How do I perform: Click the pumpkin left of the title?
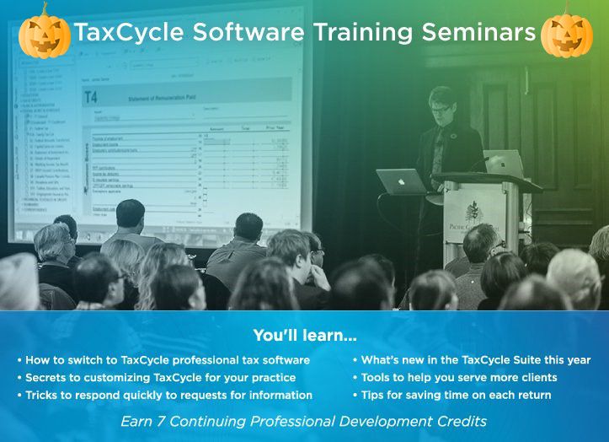45,33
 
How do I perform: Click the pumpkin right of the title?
567,33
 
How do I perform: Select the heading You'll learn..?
304,335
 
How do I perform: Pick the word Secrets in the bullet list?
47,377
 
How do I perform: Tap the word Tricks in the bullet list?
43,395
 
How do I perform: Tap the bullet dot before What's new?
355,360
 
